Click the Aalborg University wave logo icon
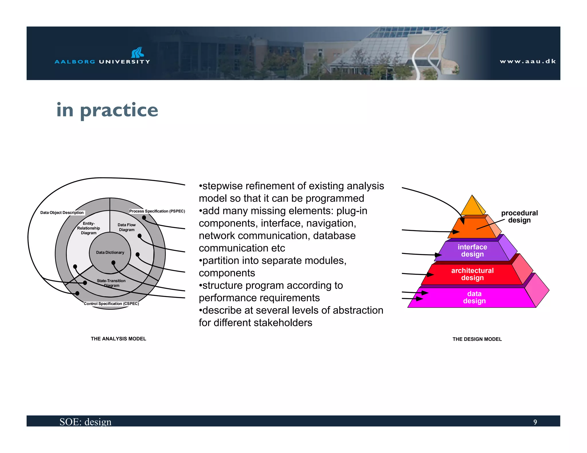point(138,52)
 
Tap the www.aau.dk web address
point(528,61)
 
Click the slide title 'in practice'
point(107,110)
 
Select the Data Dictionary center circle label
point(110,253)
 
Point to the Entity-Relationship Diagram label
point(89,228)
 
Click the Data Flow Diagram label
point(127,227)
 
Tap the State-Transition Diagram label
point(111,283)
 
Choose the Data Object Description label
point(62,212)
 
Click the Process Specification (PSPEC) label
point(157,211)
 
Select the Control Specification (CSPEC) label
point(111,304)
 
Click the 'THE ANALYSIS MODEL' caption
point(118,339)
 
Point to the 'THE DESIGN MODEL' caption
point(477,339)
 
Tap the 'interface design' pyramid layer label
point(472,251)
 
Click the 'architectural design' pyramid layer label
point(472,274)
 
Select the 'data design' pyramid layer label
point(474,297)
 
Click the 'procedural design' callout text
point(519,216)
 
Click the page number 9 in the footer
point(535,422)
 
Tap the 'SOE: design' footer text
point(85,422)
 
